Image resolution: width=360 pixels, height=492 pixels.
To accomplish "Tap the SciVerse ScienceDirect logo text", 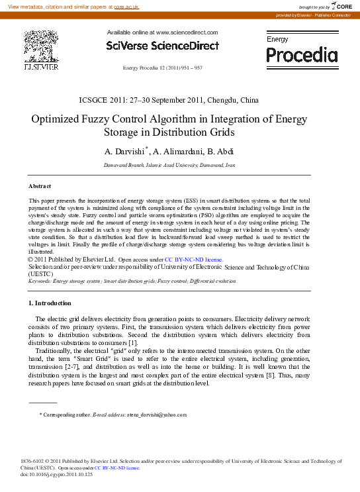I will point(162,46).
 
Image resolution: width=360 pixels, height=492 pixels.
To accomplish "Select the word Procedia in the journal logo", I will point(302,54).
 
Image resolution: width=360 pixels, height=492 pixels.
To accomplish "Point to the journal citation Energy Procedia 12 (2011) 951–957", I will point(163,68).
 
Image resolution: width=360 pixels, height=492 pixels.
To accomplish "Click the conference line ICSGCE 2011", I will point(168,101).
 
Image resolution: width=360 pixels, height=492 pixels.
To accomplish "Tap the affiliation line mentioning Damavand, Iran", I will point(169,164).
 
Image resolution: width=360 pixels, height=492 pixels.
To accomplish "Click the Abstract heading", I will point(40,186).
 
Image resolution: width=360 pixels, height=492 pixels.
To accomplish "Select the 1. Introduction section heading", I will point(50,303).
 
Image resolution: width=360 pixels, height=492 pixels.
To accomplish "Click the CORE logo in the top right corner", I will point(341,6).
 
